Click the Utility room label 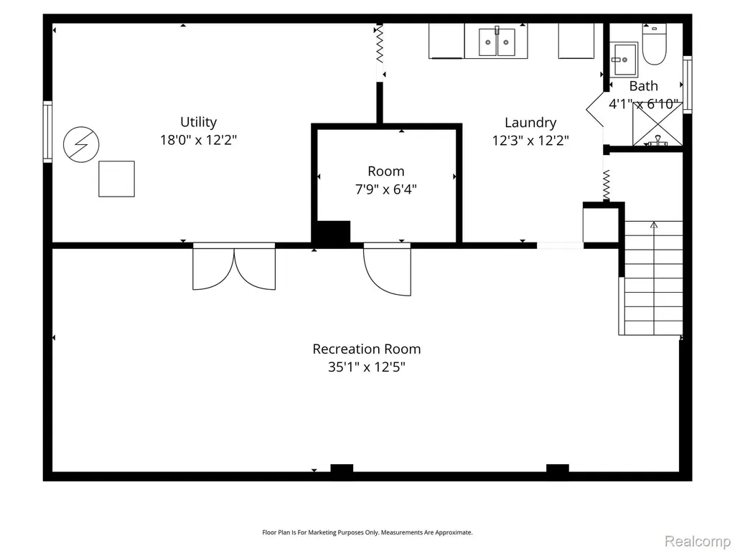[198, 122]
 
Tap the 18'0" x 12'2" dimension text [198, 140]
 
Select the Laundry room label [530, 123]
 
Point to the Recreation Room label [367, 349]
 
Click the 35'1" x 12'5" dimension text [367, 367]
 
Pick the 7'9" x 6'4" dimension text [385, 189]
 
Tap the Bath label [643, 86]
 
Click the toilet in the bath [655, 45]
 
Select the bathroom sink [624, 60]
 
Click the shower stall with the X [657, 125]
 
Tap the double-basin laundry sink [497, 41]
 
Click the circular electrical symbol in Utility [81, 144]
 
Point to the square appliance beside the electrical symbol [117, 179]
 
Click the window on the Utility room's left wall [47, 132]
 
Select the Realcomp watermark [697, 541]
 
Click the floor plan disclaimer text [367, 532]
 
